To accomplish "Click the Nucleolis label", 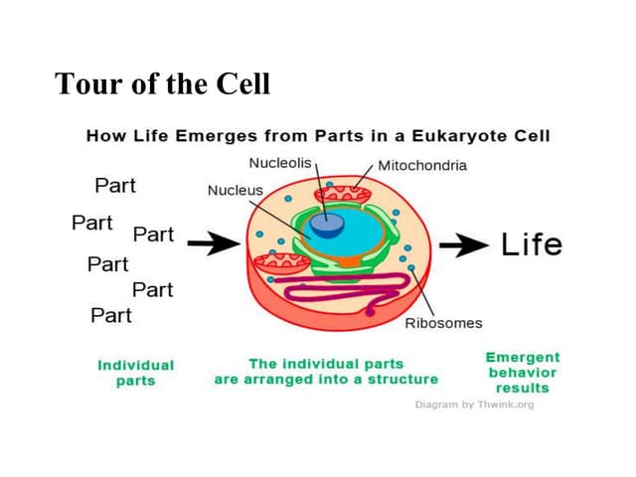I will pyautogui.click(x=281, y=162).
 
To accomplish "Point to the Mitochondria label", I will pyautogui.click(x=422, y=165).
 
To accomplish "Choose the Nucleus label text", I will pyautogui.click(x=235, y=190).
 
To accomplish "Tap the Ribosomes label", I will pyautogui.click(x=443, y=322).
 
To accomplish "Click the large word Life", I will pyautogui.click(x=532, y=244).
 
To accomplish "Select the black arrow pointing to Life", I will pyautogui.click(x=464, y=244).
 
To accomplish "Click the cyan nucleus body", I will pyautogui.click(x=348, y=238).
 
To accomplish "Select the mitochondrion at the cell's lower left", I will pyautogui.click(x=281, y=264).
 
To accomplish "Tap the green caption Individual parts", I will pyautogui.click(x=135, y=373).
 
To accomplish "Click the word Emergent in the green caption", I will pyautogui.click(x=522, y=357).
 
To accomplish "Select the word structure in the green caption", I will pyautogui.click(x=400, y=379).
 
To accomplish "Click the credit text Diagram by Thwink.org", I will pyautogui.click(x=474, y=404).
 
